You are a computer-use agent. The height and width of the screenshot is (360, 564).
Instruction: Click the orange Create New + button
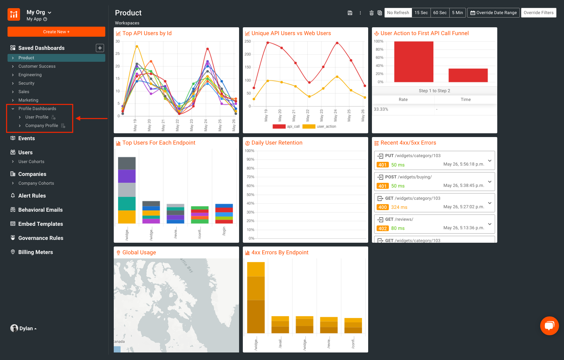[x=56, y=32]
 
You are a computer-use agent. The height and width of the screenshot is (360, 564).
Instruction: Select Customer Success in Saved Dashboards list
[x=37, y=66]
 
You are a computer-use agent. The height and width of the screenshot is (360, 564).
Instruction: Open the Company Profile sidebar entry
[x=41, y=125]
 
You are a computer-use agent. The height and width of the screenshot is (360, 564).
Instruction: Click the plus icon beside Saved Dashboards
[x=100, y=48]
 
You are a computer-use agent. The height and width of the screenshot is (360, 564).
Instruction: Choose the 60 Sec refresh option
[x=440, y=13]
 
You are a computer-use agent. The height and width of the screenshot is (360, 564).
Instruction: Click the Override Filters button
[x=538, y=13]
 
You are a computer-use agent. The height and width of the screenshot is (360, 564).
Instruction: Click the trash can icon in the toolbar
[x=371, y=13]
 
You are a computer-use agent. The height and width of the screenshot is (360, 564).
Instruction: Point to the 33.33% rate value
[x=381, y=109]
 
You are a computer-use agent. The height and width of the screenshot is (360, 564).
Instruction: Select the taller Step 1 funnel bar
[x=413, y=62]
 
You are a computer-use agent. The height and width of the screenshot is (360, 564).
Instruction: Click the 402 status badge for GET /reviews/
[x=382, y=228]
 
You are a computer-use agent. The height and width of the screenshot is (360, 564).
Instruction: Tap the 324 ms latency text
[x=399, y=207]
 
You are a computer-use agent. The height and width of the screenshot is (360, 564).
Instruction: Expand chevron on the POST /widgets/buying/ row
[x=489, y=182]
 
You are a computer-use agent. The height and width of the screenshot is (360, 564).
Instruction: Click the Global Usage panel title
[x=139, y=252]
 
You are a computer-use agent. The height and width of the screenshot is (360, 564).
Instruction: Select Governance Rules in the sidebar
[x=41, y=238]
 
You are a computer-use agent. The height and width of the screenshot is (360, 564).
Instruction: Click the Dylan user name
[x=26, y=328]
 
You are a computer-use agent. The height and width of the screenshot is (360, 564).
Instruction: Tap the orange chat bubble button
[x=549, y=326]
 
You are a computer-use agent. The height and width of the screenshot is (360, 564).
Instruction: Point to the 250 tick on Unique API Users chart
[x=248, y=41]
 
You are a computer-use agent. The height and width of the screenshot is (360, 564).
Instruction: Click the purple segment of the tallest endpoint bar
[x=127, y=176]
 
